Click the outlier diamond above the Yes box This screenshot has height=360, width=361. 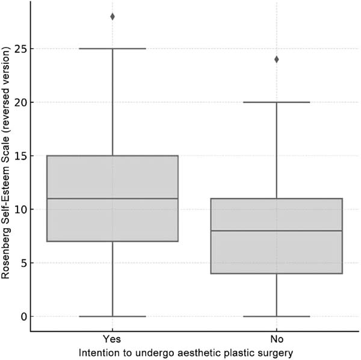pos(113,16)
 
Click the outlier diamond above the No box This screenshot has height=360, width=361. pos(277,59)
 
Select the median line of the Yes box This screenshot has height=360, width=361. pos(113,199)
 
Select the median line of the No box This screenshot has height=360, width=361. pos(277,231)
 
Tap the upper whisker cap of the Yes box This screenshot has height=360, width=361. pos(113,49)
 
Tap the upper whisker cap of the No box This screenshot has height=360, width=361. pos(277,102)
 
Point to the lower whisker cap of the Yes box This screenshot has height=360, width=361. pos(113,316)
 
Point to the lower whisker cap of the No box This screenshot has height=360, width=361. pos(277,316)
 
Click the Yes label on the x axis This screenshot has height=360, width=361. pos(113,338)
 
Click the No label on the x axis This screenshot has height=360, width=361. pos(277,338)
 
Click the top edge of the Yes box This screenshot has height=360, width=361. pos(113,156)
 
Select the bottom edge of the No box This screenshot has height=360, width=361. pos(277,273)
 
